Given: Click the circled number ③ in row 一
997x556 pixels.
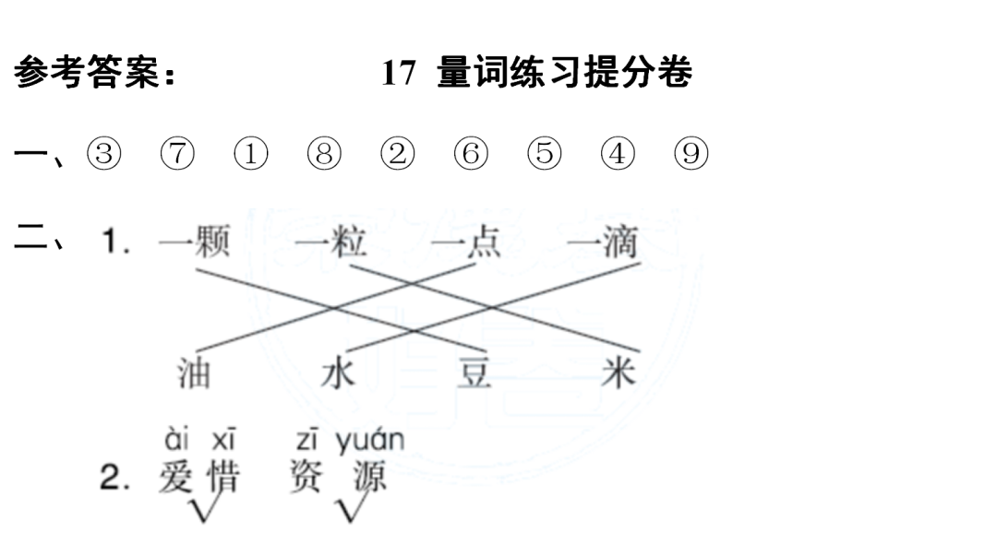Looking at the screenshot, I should point(104,154).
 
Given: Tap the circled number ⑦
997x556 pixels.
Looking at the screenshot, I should point(177,154).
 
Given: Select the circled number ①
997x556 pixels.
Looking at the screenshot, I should point(250,154).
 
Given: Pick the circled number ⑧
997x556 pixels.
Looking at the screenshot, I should point(324,154).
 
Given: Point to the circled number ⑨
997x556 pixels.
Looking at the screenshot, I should point(691,154).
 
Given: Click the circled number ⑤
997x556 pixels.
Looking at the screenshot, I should point(545,154).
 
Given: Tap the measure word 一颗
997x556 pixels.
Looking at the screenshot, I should point(194,243).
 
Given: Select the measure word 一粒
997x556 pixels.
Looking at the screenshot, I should point(332,243).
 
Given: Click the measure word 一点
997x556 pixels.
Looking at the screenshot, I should point(466,243).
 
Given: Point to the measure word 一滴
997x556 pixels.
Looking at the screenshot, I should point(603,243).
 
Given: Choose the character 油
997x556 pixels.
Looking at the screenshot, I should point(194,373).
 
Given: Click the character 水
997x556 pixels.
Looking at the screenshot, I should point(337,373).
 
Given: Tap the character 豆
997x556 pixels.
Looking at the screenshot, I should point(475,373).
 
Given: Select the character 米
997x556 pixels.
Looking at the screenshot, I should point(617,373).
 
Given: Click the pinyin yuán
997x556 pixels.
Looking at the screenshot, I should point(369,442).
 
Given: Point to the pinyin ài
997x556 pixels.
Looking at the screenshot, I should point(175,437).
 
